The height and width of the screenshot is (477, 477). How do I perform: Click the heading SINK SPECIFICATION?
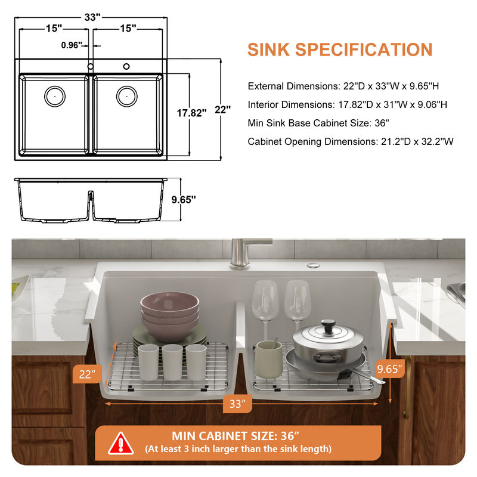click(339, 49)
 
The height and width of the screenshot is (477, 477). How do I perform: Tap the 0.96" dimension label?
click(71, 45)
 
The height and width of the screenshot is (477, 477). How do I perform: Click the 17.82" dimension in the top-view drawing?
click(191, 111)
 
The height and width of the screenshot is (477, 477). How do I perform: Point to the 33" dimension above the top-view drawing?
click(91, 17)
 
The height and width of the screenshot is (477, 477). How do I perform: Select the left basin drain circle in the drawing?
click(55, 95)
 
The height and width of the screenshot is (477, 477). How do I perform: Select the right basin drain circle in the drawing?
click(126, 95)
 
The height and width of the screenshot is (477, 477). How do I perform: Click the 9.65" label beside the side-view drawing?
click(183, 200)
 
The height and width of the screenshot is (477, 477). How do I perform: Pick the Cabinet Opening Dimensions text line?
click(351, 142)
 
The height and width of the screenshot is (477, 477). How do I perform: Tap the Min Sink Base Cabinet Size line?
click(318, 123)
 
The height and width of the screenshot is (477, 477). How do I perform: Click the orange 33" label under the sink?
click(237, 404)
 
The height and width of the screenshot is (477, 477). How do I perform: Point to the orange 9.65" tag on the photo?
click(390, 368)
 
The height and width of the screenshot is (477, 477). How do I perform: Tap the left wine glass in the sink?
click(265, 301)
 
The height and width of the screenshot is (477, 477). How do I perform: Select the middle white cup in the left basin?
click(172, 361)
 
